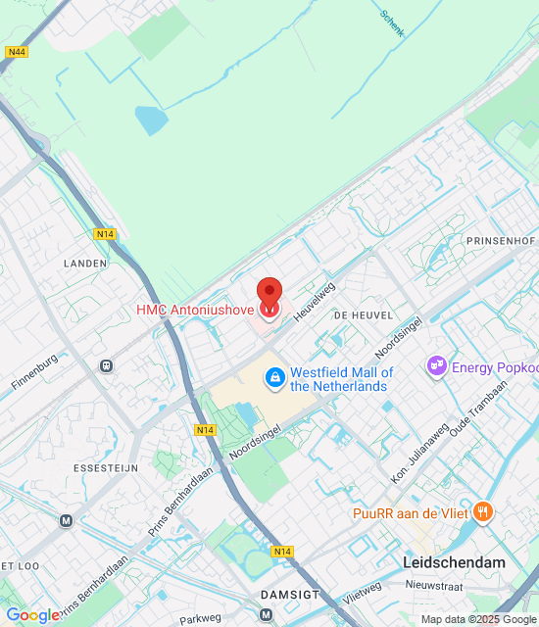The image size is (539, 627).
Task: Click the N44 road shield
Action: click(15, 52)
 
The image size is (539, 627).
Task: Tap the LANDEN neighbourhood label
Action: click(84, 264)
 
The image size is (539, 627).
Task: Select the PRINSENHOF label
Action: click(501, 240)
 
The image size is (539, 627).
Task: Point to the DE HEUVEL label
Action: click(363, 315)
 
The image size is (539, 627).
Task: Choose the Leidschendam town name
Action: click(454, 562)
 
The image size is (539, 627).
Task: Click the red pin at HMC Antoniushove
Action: click(269, 294)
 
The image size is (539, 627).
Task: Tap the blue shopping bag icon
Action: click(275, 376)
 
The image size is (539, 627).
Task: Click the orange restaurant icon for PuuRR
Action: click(482, 511)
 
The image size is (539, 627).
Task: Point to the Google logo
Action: click(32, 615)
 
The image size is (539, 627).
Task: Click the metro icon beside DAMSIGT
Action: click(266, 614)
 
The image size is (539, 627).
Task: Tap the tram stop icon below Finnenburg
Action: click(106, 366)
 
